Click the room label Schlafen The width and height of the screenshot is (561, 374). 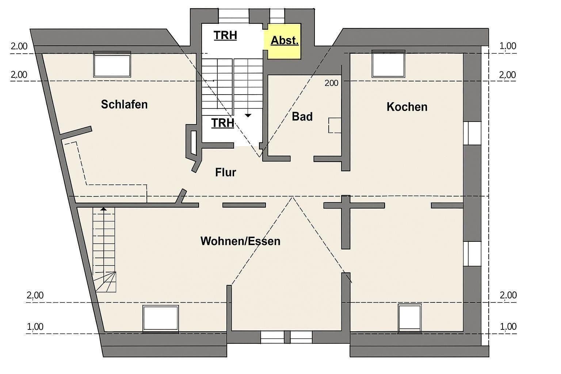[x=124, y=104]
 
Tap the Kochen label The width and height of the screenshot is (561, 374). [x=407, y=107]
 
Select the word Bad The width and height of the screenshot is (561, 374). [x=302, y=117]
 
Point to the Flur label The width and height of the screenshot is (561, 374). [x=225, y=172]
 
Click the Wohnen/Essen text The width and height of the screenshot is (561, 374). [x=240, y=241]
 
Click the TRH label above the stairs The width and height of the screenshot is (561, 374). [x=225, y=35]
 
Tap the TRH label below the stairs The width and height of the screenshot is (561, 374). [x=223, y=123]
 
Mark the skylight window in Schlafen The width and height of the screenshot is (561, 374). [x=112, y=65]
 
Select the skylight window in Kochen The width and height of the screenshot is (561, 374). [x=388, y=65]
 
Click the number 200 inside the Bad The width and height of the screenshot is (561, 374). [x=331, y=83]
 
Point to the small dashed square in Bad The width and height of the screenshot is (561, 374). [x=335, y=125]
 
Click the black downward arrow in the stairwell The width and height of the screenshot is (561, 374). [x=248, y=115]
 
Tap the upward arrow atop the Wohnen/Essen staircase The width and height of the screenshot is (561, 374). [x=104, y=209]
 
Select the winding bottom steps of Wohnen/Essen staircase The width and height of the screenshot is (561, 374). [x=106, y=282]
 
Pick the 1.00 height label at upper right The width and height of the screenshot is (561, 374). [x=508, y=46]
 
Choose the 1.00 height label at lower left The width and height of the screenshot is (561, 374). [x=35, y=327]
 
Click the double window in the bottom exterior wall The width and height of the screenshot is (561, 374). [x=286, y=336]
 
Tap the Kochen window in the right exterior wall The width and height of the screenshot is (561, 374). [x=472, y=133]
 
